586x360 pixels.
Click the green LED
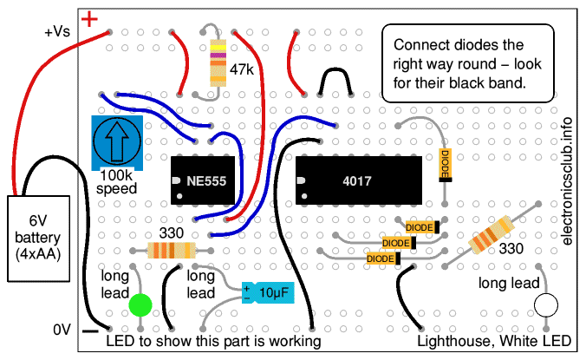click(x=140, y=304)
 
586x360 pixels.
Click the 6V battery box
click(x=38, y=238)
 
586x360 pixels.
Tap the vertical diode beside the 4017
click(x=446, y=164)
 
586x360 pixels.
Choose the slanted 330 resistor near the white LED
click(x=490, y=234)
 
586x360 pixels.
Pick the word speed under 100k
click(x=116, y=188)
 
